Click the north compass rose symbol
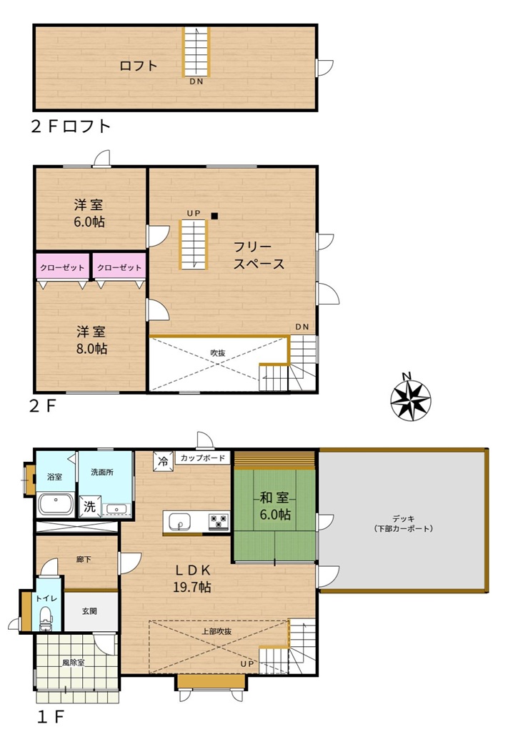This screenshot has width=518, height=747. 410,399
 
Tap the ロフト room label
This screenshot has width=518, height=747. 138,65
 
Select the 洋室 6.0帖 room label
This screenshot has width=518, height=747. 89,214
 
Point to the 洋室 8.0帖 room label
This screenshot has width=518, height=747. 91,340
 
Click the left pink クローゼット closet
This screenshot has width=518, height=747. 62,267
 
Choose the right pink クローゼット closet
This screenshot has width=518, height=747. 119,267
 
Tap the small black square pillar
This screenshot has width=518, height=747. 214,216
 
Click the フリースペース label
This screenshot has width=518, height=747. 259,255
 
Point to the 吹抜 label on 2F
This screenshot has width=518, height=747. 218,353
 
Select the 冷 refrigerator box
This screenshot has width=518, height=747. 164,460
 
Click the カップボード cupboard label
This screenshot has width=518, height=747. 203,458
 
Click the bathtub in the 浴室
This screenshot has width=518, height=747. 56,504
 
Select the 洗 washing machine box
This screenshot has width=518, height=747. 89,506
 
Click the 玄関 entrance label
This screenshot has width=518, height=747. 89,610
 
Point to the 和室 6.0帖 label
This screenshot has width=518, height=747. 274,506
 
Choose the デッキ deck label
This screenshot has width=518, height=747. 403,523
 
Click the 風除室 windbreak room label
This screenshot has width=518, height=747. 74,662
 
